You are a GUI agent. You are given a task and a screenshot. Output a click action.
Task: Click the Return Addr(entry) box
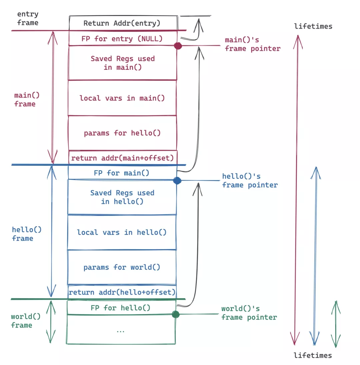(x=122, y=23)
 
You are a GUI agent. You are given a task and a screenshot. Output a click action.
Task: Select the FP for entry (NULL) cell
(x=122, y=38)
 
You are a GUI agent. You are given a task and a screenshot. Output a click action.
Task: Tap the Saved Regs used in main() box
(x=122, y=63)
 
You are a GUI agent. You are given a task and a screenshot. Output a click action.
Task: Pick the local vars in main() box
(x=122, y=98)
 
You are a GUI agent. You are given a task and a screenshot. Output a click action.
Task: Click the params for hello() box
(x=122, y=133)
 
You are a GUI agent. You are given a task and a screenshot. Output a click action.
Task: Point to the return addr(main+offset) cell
(x=122, y=157)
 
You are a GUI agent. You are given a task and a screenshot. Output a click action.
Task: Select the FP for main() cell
(x=122, y=173)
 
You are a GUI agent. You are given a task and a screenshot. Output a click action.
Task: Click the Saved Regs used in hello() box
(x=122, y=197)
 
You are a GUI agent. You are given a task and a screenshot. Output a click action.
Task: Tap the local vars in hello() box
(x=122, y=232)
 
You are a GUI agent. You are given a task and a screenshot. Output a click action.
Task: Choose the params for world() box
(x=122, y=267)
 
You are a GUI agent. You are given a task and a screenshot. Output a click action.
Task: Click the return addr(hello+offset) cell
(x=122, y=292)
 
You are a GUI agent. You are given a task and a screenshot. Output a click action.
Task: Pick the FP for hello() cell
(x=121, y=308)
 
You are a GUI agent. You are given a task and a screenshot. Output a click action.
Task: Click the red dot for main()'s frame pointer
(x=178, y=46)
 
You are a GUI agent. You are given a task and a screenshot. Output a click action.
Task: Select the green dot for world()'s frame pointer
(x=176, y=314)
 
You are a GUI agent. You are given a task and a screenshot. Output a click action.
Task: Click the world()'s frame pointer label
(x=249, y=313)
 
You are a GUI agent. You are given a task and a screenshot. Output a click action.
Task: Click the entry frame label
(x=28, y=18)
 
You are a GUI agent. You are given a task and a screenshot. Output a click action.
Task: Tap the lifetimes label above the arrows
(x=313, y=26)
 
